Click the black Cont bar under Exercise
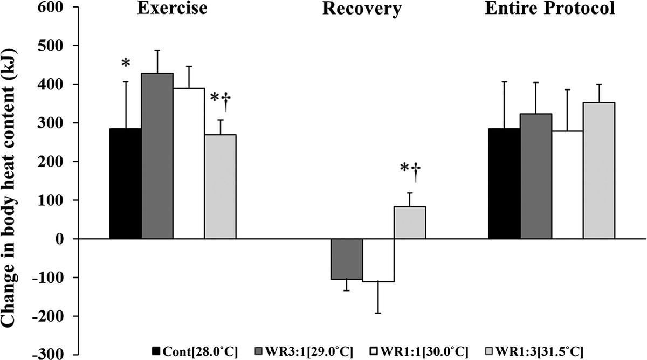[125, 184]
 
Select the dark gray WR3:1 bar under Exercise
[157, 156]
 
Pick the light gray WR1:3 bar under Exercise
[220, 186]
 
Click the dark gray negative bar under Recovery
[346, 259]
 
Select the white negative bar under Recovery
[378, 260]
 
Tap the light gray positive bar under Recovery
[410, 223]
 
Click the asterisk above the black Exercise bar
[126, 64]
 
